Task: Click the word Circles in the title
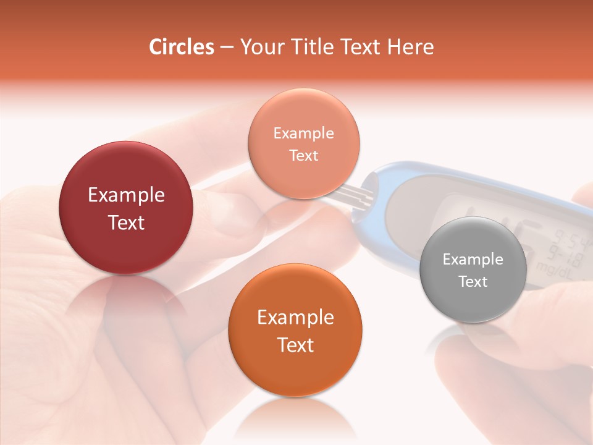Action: tap(181, 47)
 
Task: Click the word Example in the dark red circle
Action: tap(126, 195)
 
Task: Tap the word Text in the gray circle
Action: tap(473, 282)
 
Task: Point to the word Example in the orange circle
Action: tap(295, 318)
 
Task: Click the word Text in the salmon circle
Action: tap(303, 156)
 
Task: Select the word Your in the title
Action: tap(259, 47)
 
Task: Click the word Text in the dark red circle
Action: tap(126, 223)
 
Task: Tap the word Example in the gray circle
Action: tap(473, 260)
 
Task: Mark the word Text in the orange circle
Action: tap(295, 345)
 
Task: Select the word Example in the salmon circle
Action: tap(303, 133)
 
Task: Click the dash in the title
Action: tap(226, 47)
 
